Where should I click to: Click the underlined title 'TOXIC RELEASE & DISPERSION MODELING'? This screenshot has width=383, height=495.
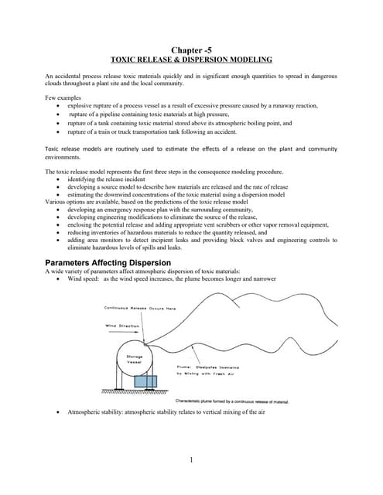191,60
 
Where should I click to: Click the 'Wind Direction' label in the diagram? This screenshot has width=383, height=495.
121,325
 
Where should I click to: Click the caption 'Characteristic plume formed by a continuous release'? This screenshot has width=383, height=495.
233,401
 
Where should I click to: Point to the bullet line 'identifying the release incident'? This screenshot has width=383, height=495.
109,177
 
